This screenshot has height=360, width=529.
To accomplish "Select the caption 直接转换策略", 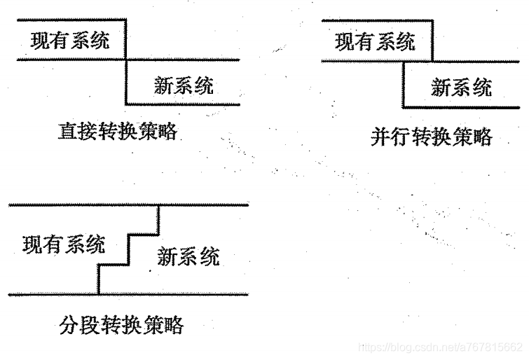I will coord(116,132).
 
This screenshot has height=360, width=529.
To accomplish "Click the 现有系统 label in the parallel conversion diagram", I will coord(375,42).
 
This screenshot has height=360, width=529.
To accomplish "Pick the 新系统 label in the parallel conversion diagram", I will coord(461,88).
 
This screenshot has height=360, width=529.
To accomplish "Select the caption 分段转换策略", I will coord(123,326).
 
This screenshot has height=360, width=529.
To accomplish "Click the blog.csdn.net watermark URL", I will coord(440,347).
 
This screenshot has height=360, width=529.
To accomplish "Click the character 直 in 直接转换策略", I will coord(67,132).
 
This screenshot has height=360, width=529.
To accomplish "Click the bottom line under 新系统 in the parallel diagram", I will coord(462,106).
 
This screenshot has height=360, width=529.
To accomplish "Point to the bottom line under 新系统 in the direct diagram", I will coord(184,104).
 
